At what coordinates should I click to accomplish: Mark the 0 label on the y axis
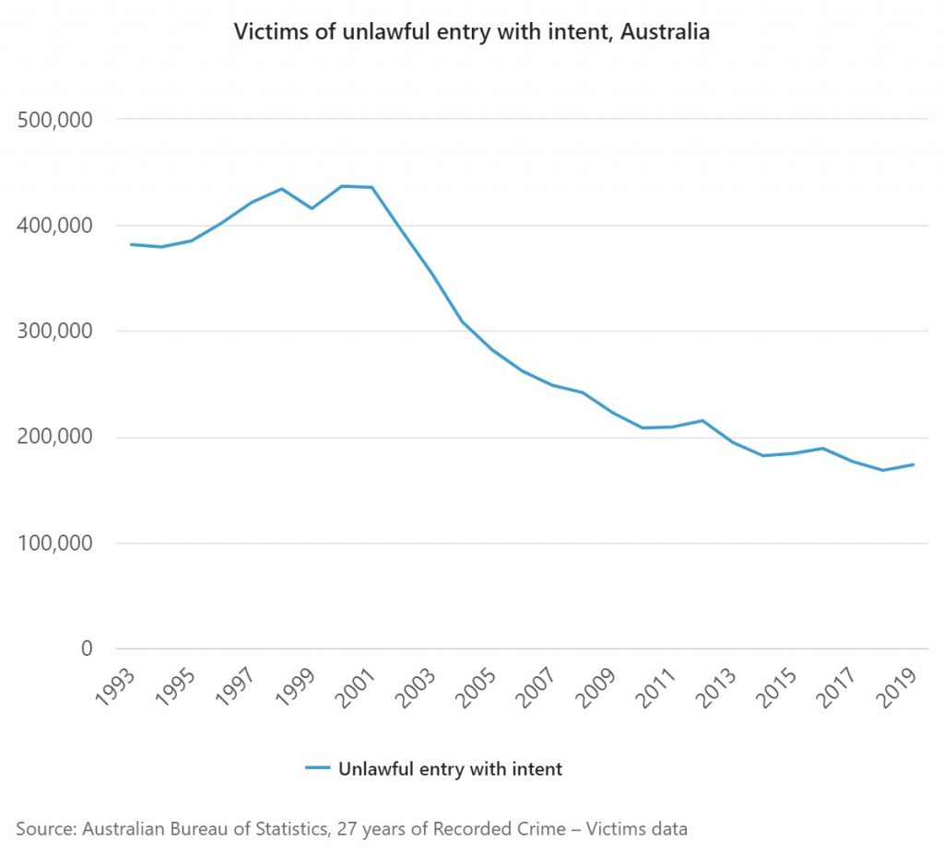[87, 649]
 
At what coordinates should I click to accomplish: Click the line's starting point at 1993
[131, 244]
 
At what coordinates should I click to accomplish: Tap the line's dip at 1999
[312, 208]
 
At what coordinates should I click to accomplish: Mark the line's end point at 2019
[913, 464]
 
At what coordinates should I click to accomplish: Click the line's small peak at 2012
[702, 420]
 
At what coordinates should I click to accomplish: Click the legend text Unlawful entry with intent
[450, 768]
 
